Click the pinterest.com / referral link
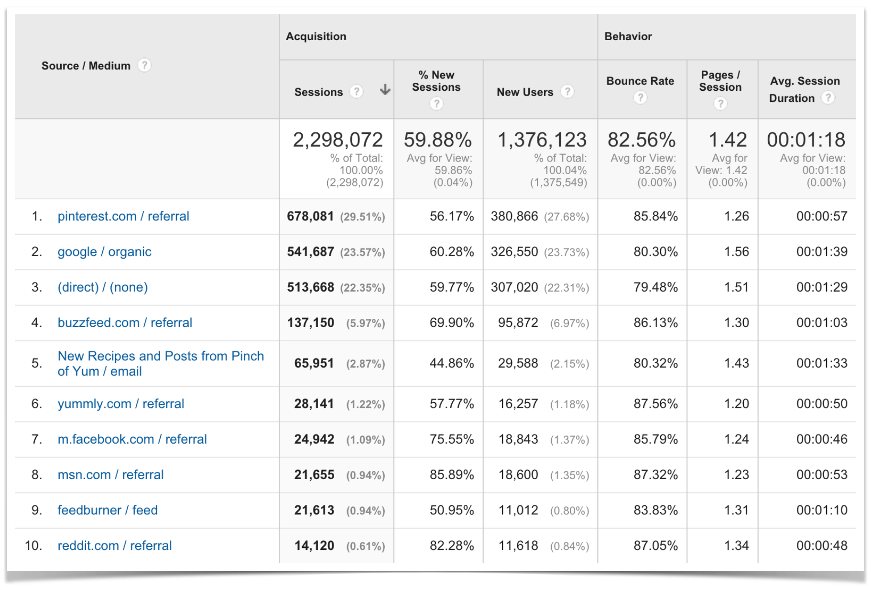(123, 216)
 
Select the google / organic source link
(104, 251)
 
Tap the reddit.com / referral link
(114, 546)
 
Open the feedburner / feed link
(108, 510)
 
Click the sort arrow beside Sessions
(385, 90)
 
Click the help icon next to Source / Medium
(144, 65)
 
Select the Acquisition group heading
(316, 36)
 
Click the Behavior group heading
(628, 36)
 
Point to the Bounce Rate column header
(640, 81)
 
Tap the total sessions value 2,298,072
(338, 140)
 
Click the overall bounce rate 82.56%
(641, 140)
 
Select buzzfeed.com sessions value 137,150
(310, 323)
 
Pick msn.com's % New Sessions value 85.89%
(451, 475)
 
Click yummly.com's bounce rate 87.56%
(655, 404)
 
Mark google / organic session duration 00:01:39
(821, 251)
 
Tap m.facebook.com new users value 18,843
(518, 439)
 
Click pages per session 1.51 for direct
(736, 287)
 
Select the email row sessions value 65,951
(314, 363)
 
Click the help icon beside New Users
(567, 91)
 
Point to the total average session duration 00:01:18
(806, 140)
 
